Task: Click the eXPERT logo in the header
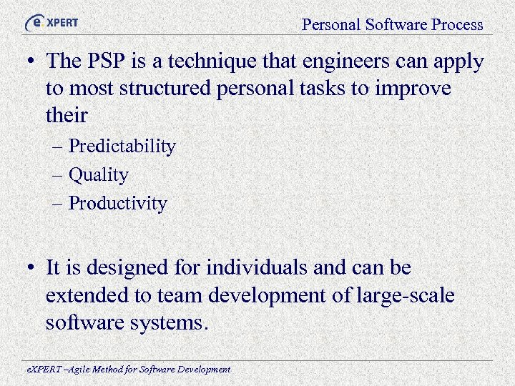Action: point(51,23)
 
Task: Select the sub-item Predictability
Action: point(122,147)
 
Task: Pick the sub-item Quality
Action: point(98,175)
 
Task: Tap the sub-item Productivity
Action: point(117,204)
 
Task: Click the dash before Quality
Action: point(59,175)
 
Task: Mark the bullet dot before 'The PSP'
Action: point(29,62)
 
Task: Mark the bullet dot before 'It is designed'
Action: point(29,269)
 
